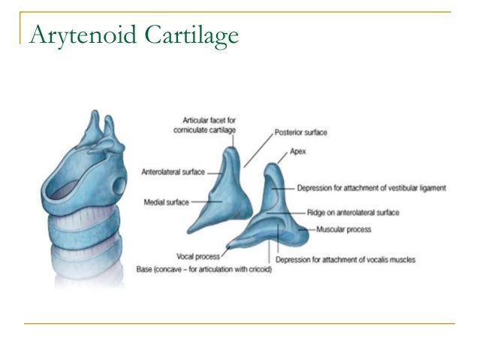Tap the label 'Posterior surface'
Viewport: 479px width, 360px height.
tap(300, 132)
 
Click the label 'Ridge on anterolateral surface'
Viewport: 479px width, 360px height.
tap(347, 213)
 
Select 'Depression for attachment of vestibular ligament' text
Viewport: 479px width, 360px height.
tap(372, 187)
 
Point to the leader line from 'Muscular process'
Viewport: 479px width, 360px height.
tap(308, 227)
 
